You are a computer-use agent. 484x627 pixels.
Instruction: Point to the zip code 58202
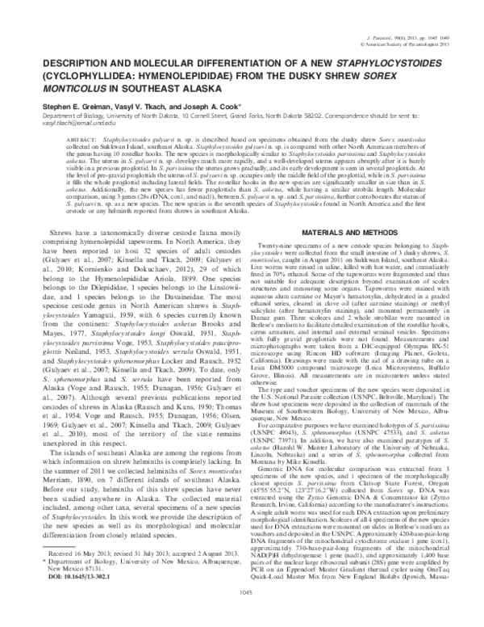pos(306,115)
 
